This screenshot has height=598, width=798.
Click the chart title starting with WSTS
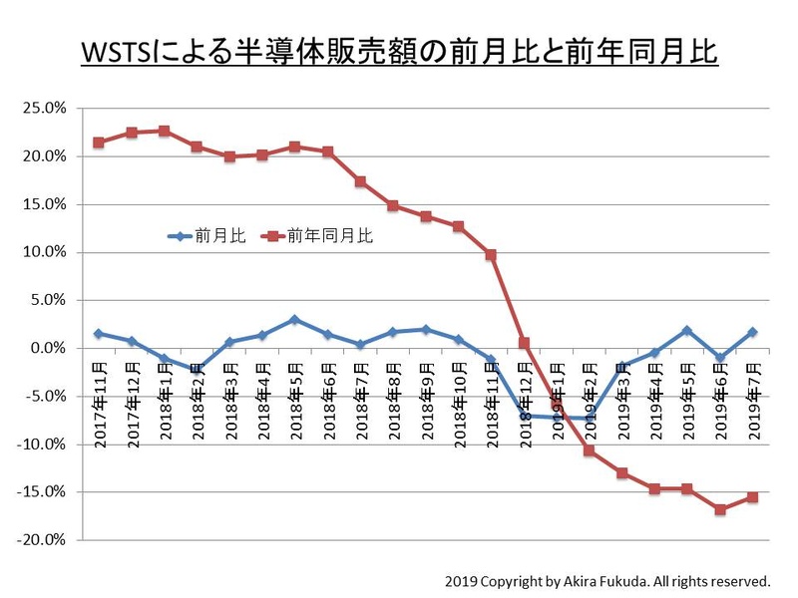click(399, 51)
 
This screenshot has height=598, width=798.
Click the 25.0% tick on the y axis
click(45, 109)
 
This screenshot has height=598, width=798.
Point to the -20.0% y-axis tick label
click(43, 540)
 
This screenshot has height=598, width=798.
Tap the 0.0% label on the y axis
click(49, 348)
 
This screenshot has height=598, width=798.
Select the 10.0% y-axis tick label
click(45, 252)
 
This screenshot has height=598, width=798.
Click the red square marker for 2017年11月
click(98, 143)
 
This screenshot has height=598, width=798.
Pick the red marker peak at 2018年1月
click(164, 131)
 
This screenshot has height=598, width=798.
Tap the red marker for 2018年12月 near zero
click(524, 343)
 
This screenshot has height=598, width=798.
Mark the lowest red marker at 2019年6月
click(720, 509)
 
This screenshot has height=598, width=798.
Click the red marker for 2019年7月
click(753, 497)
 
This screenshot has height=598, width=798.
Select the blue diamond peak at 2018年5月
click(294, 320)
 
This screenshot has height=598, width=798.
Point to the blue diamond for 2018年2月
click(197, 369)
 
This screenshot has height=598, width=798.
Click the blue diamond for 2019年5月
click(687, 330)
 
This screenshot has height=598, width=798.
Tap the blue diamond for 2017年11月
click(98, 334)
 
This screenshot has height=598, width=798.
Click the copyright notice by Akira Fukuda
click(607, 579)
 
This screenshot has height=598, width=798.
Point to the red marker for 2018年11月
click(491, 255)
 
